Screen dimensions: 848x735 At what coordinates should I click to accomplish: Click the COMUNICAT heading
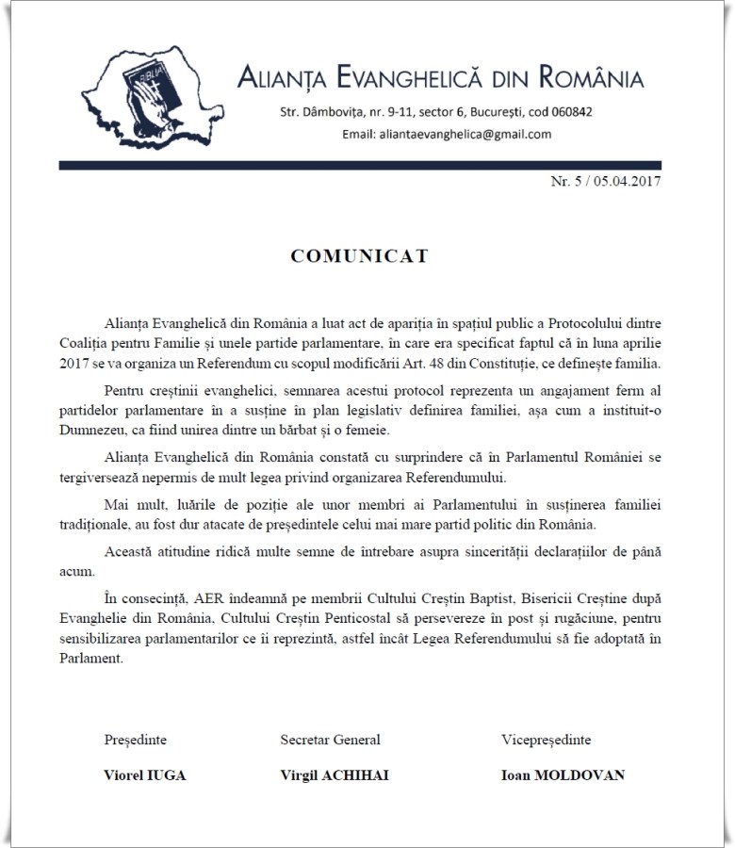360,255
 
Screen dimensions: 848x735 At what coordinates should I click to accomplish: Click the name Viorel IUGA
144,775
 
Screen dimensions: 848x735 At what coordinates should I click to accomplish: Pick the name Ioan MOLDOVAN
563,775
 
